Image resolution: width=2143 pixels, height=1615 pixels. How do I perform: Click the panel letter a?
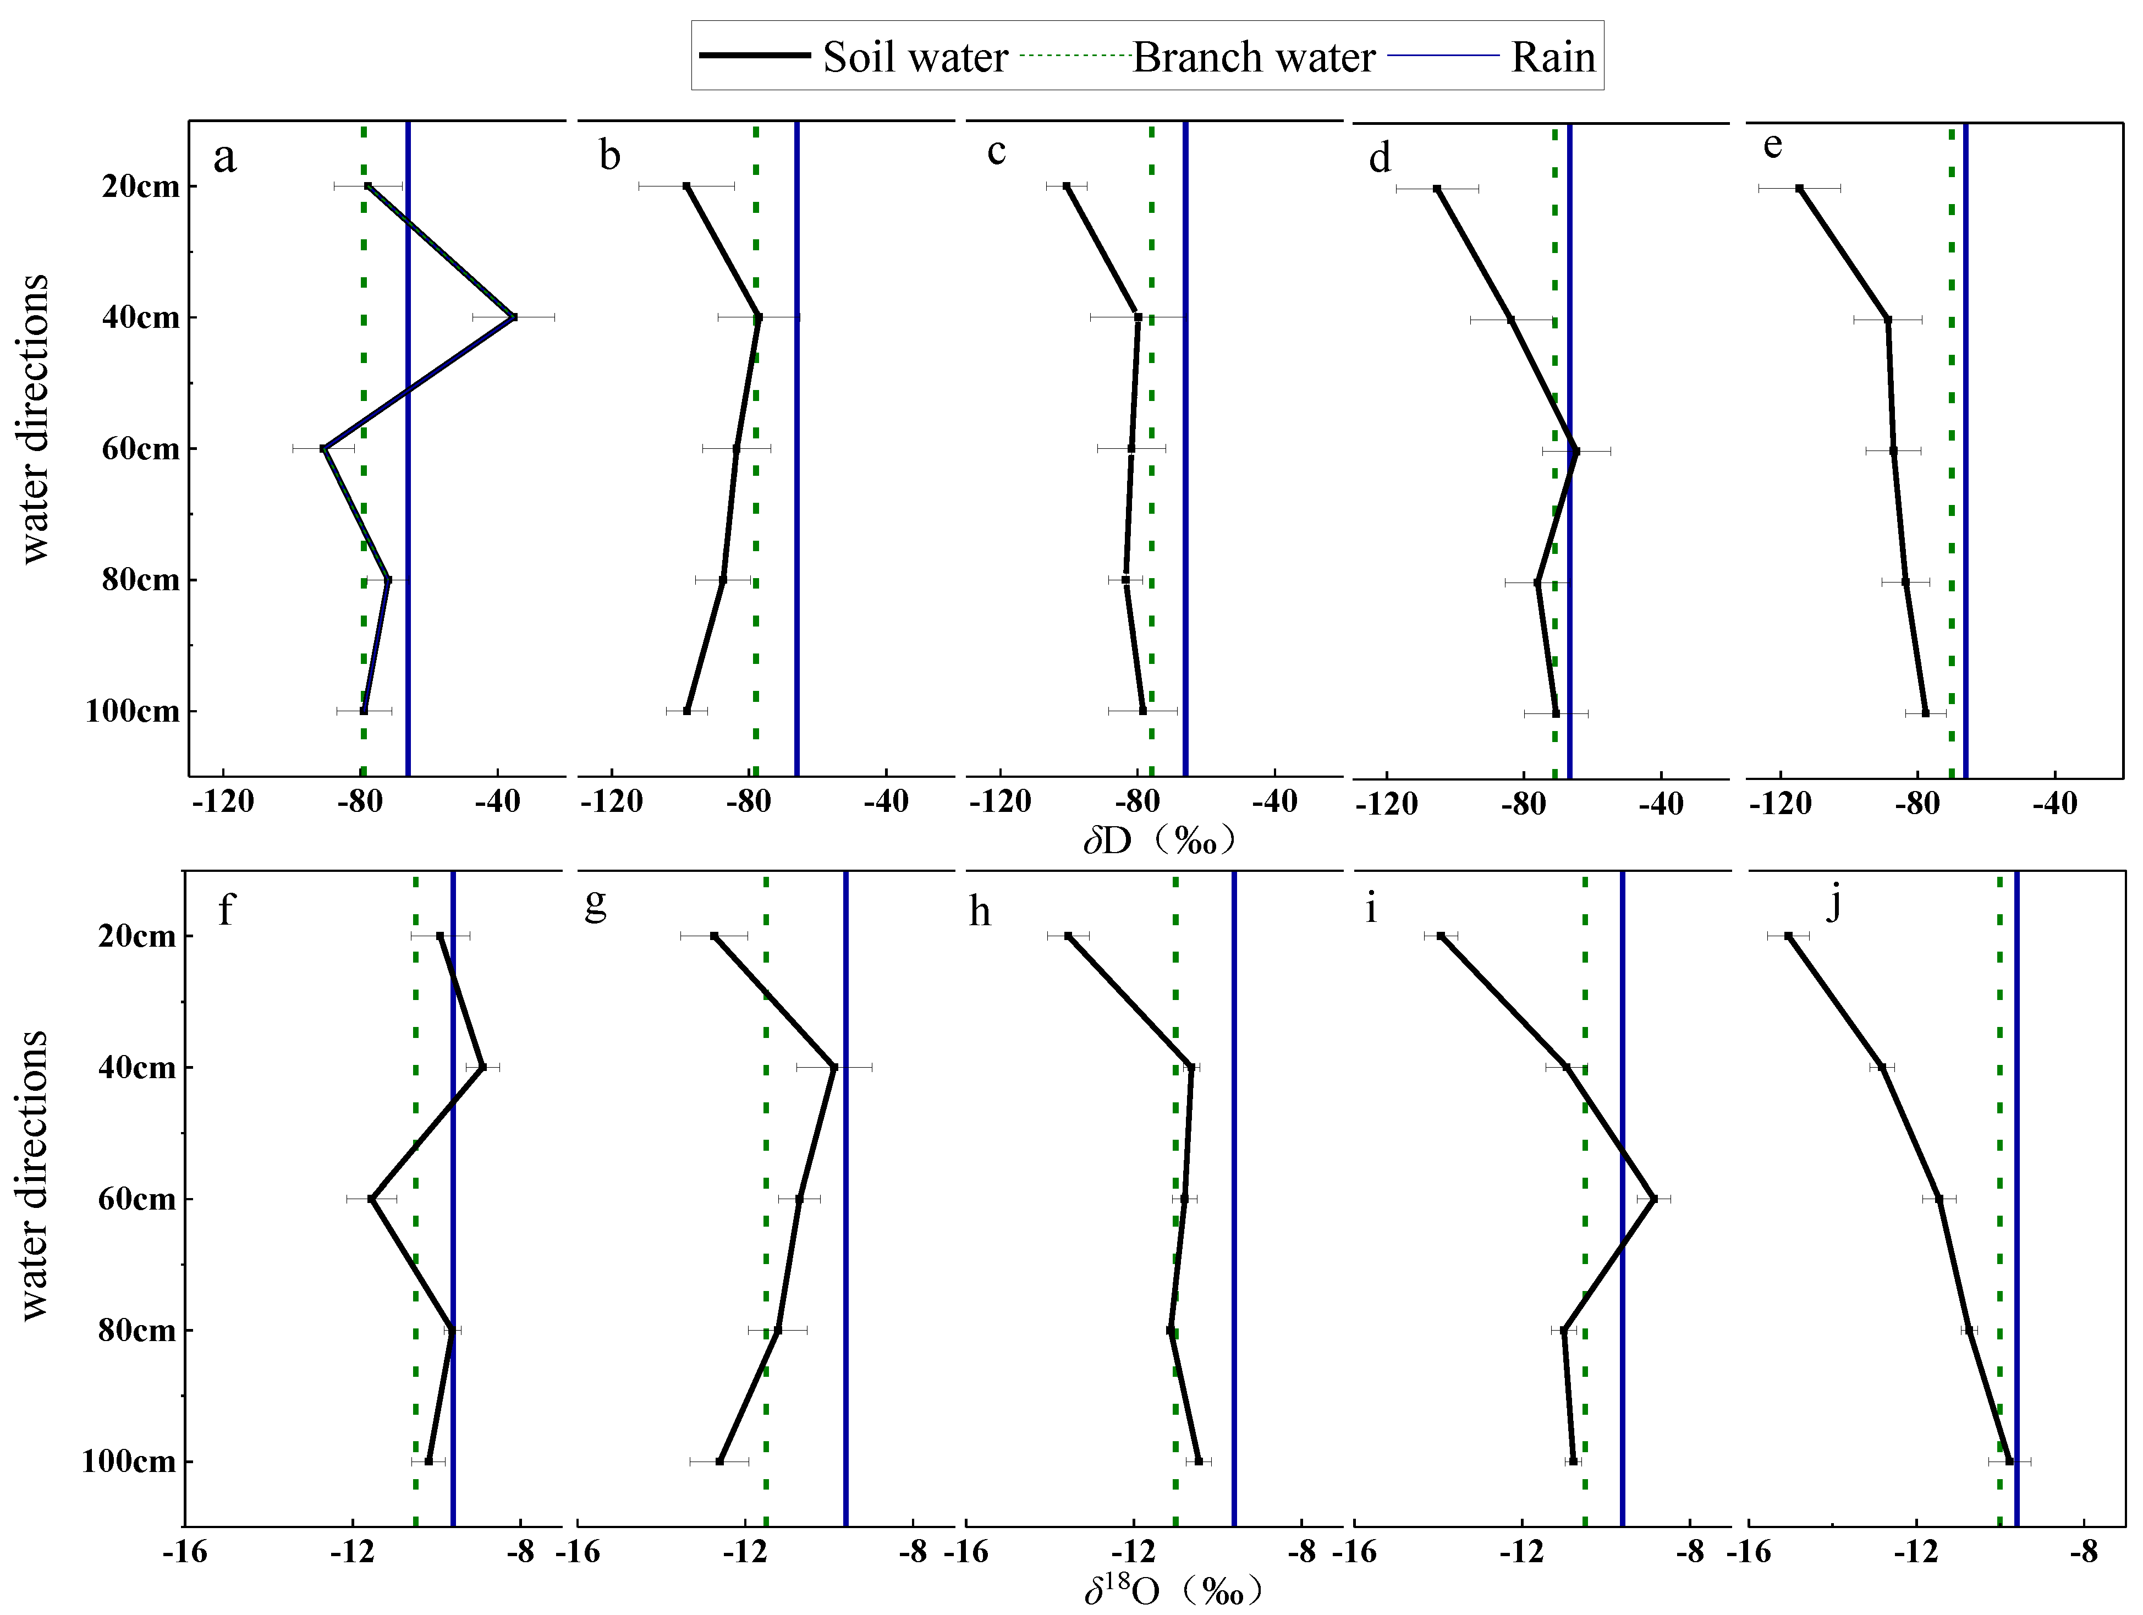[225, 157]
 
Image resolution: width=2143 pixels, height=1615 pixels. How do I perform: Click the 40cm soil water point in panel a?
[513, 317]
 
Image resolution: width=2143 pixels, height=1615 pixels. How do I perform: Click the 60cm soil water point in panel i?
[1654, 1199]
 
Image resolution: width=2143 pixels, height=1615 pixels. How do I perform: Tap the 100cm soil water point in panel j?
[2008, 1461]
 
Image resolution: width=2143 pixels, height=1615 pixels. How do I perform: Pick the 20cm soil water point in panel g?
[714, 936]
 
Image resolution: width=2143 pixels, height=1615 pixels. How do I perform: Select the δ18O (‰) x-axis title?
[1172, 1591]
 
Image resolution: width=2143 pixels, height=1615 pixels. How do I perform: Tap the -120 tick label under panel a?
[224, 802]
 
